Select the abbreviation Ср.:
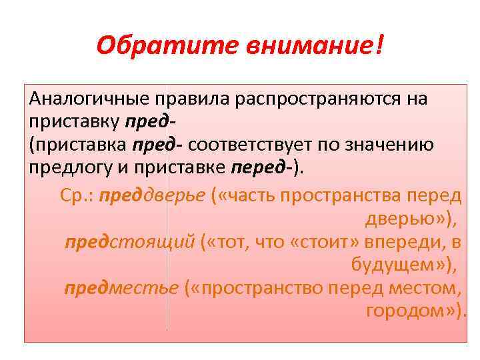(77, 195)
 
